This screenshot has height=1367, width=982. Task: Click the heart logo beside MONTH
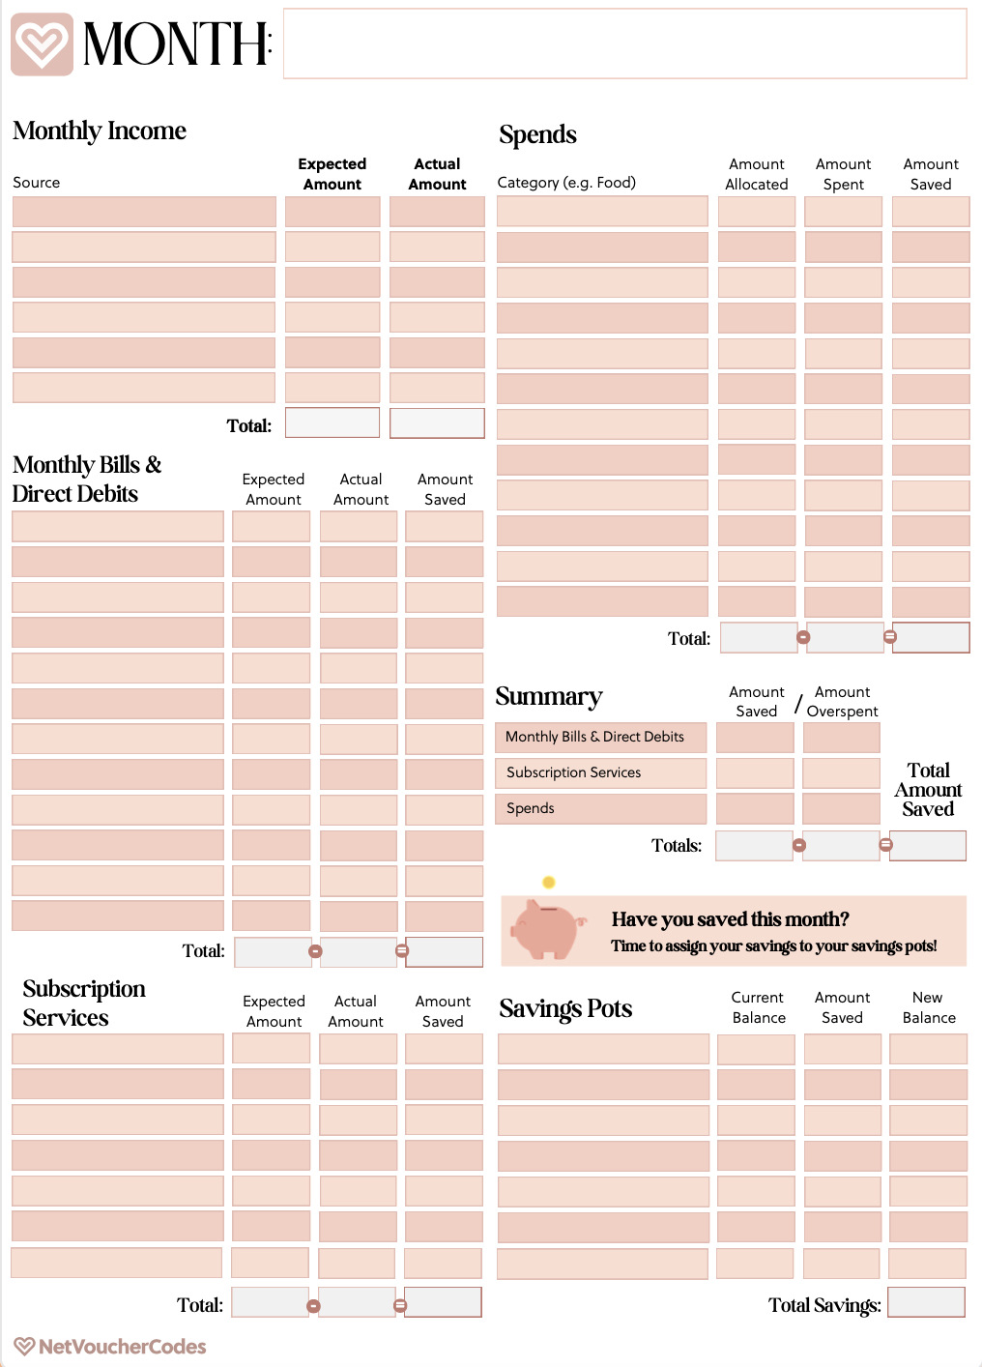pyautogui.click(x=42, y=44)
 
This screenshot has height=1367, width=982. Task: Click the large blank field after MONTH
pyautogui.click(x=624, y=44)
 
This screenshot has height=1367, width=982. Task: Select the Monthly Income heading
pyautogui.click(x=100, y=131)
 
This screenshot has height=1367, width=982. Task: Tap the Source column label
pyautogui.click(x=37, y=183)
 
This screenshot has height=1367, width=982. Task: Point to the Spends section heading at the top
pyautogui.click(x=537, y=134)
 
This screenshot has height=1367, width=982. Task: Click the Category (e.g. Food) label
pyautogui.click(x=566, y=183)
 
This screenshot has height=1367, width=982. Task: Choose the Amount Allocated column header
pyautogui.click(x=757, y=174)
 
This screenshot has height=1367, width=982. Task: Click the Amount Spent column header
pyautogui.click(x=843, y=174)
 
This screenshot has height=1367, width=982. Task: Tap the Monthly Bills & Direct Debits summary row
pyautogui.click(x=600, y=737)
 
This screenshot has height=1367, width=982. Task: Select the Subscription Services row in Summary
pyautogui.click(x=600, y=772)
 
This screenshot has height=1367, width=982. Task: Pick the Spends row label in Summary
pyautogui.click(x=600, y=808)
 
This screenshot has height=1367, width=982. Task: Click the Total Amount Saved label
pyautogui.click(x=928, y=790)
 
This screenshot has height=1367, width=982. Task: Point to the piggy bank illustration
pyautogui.click(x=547, y=928)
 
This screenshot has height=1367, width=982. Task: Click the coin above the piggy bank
pyautogui.click(x=549, y=882)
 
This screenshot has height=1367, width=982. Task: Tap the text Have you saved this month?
pyautogui.click(x=730, y=919)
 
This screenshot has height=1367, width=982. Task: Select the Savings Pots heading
pyautogui.click(x=565, y=1008)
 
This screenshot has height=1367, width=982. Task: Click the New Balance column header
pyautogui.click(x=929, y=1007)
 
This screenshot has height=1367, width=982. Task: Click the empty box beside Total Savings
pyautogui.click(x=926, y=1302)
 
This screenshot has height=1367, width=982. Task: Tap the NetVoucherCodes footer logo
pyautogui.click(x=110, y=1346)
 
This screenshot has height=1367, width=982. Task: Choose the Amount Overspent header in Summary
pyautogui.click(x=842, y=702)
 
